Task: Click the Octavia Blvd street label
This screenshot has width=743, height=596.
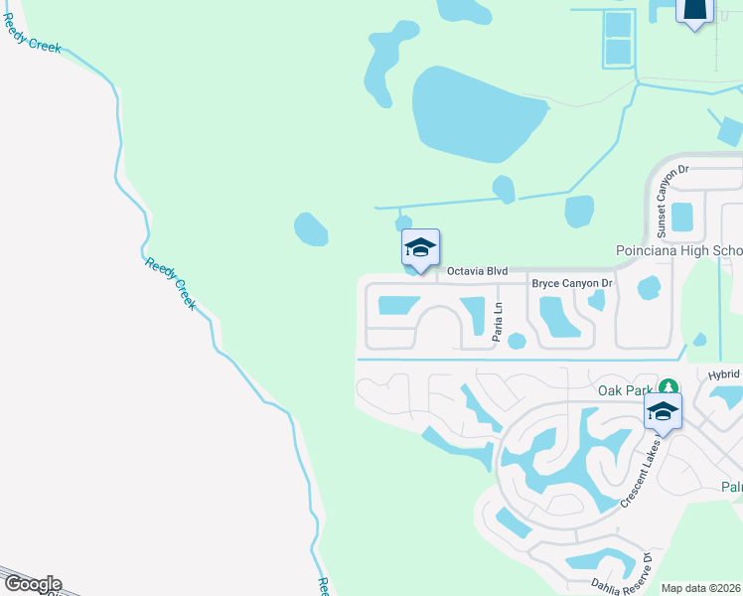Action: (478, 270)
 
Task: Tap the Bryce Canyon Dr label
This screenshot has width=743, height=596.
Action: (574, 284)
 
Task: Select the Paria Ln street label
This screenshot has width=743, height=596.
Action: (498, 323)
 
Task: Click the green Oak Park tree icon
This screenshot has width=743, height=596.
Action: (670, 386)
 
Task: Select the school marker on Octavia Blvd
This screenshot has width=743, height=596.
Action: (420, 249)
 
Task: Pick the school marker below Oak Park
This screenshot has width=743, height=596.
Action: (663, 412)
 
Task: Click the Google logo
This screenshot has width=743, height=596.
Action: (32, 584)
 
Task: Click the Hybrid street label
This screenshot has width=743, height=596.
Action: (724, 374)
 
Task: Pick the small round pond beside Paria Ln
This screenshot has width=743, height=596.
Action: (517, 341)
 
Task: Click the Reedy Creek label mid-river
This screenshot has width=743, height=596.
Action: (171, 283)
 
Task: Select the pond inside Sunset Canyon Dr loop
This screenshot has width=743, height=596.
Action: (681, 216)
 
